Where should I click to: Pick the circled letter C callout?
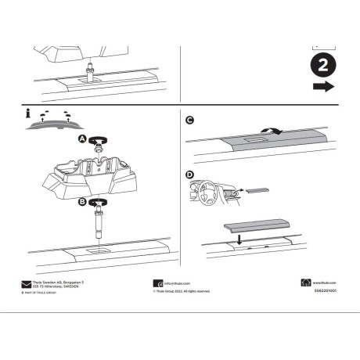(x=189, y=120)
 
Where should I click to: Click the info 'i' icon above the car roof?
(x=31, y=116)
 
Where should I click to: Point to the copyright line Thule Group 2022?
(x=182, y=291)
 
